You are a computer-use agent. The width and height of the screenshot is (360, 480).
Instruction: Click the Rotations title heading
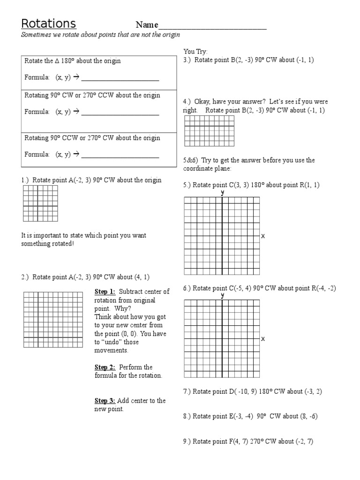tap(48, 24)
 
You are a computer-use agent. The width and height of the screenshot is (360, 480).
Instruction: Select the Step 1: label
tap(105, 292)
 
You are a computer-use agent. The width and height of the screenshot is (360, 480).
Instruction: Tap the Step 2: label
tap(105, 367)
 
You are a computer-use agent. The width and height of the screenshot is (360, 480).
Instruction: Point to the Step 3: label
tap(105, 401)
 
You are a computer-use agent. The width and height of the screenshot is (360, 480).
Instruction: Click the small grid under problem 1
tap(40, 203)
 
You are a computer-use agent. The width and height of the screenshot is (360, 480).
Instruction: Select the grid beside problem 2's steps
tap(56, 319)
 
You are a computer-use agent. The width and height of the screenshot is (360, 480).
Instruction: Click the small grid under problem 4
tap(209, 131)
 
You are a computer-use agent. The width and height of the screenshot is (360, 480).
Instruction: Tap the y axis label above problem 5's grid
tap(223, 193)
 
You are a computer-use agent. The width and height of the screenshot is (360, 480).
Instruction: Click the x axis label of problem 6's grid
tap(263, 338)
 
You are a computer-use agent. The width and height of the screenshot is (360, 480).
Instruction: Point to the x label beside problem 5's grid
tap(263, 236)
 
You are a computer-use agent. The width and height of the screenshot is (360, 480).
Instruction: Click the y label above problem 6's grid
tap(223, 295)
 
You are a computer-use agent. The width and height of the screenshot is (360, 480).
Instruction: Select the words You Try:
tap(195, 52)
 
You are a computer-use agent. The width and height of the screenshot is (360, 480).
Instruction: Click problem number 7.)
tap(187, 391)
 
